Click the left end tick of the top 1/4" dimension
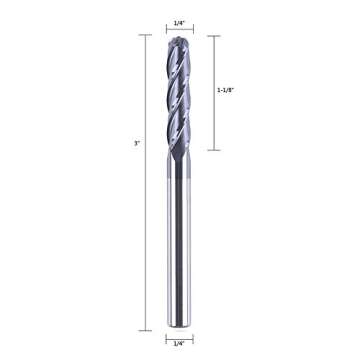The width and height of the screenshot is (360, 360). coord(165,26)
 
